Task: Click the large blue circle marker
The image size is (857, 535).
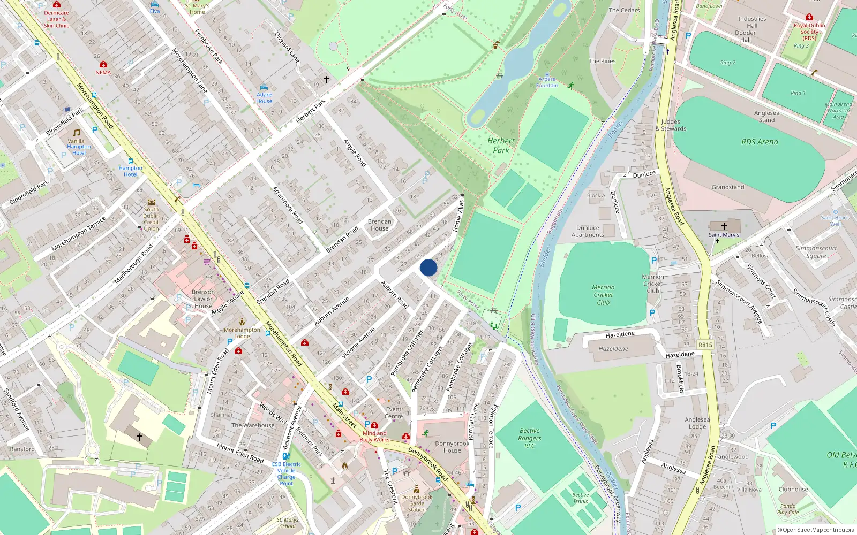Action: (428, 267)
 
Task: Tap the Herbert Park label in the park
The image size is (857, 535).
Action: (501, 146)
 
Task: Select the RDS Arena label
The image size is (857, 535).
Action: (760, 142)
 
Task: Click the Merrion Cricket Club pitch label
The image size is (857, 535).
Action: (603, 295)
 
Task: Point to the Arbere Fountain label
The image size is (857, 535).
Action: (547, 82)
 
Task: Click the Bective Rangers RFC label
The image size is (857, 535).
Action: (530, 438)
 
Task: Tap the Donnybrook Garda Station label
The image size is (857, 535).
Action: (417, 503)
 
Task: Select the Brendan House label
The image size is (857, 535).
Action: (379, 225)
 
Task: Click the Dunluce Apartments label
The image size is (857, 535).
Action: (588, 231)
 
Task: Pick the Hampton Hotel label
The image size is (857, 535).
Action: (131, 171)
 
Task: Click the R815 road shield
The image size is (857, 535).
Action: (705, 345)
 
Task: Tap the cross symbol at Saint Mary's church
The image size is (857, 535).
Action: (724, 226)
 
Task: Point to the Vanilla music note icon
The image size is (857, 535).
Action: (77, 132)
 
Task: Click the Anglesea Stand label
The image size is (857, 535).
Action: (766, 116)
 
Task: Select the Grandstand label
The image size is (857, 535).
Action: (727, 187)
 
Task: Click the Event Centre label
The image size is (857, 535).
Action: (394, 412)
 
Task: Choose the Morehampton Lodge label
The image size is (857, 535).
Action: (242, 333)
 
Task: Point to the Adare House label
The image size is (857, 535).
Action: (264, 97)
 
